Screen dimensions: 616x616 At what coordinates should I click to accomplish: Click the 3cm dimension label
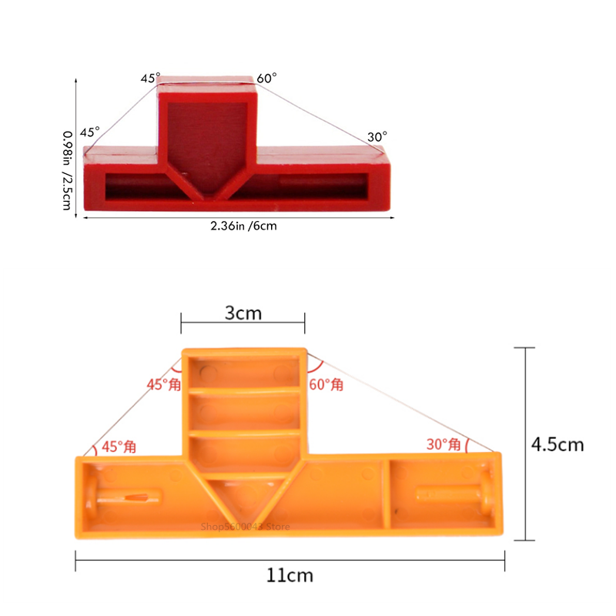point(242,313)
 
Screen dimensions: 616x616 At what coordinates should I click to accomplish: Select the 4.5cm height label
point(557,444)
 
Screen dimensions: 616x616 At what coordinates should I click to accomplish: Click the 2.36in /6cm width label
point(243,226)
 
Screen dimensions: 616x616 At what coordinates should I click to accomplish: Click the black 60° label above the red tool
point(267,79)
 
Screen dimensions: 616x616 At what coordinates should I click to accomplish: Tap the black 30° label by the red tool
point(377,137)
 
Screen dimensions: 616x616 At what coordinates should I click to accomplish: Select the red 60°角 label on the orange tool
point(326,384)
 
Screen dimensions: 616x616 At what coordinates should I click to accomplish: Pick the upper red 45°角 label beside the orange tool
point(163,384)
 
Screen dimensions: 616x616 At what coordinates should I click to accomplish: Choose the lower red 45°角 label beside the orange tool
point(119,447)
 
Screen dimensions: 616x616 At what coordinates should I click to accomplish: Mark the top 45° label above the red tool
point(150,79)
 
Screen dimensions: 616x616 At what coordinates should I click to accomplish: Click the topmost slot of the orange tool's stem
point(243,372)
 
